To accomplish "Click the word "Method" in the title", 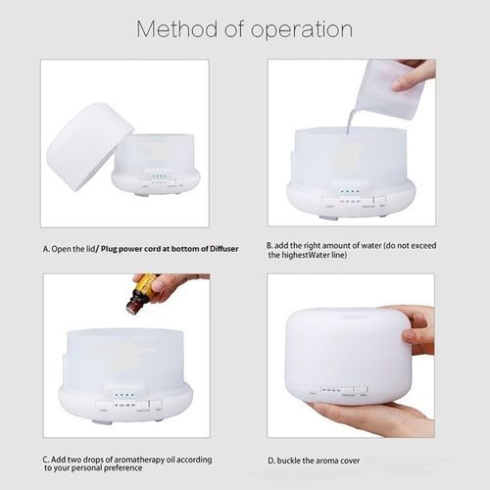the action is [x=176, y=28].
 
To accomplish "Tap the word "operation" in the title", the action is [x=301, y=30].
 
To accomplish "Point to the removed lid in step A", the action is [x=90, y=147].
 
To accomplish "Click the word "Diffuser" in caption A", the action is [x=224, y=249].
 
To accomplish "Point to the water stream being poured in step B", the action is [x=350, y=122].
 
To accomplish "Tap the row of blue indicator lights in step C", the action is [x=124, y=395].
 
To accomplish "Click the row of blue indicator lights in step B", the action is [x=350, y=191].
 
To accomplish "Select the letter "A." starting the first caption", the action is [x=46, y=249].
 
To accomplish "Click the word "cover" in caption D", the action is [x=350, y=461].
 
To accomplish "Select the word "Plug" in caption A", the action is [x=109, y=249].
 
